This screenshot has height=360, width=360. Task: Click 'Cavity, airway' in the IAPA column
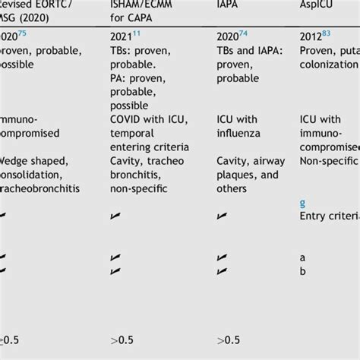coord(251,161)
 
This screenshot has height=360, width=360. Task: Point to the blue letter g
coord(303,203)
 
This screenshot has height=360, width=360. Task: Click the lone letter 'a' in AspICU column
coord(303,257)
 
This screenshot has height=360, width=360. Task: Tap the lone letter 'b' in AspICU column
coord(303,270)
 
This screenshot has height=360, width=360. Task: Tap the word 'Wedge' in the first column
coord(15,161)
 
